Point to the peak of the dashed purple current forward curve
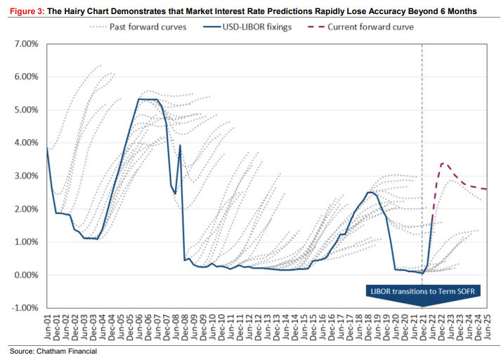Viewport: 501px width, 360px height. click(x=443, y=163)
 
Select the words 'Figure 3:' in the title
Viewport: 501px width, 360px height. click(x=26, y=12)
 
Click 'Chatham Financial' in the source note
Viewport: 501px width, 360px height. click(x=67, y=351)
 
